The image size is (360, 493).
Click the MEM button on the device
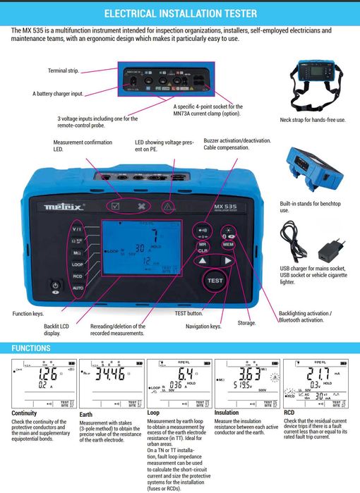pyautogui.click(x=227, y=244)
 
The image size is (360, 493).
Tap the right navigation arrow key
pyautogui.click(x=227, y=261)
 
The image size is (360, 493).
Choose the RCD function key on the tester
pyautogui.click(x=78, y=276)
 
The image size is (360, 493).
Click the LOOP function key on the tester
pyautogui.click(x=78, y=264)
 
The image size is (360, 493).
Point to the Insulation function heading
pyautogui.click(x=227, y=413)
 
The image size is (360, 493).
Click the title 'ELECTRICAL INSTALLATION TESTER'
pyautogui.click(x=180, y=13)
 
